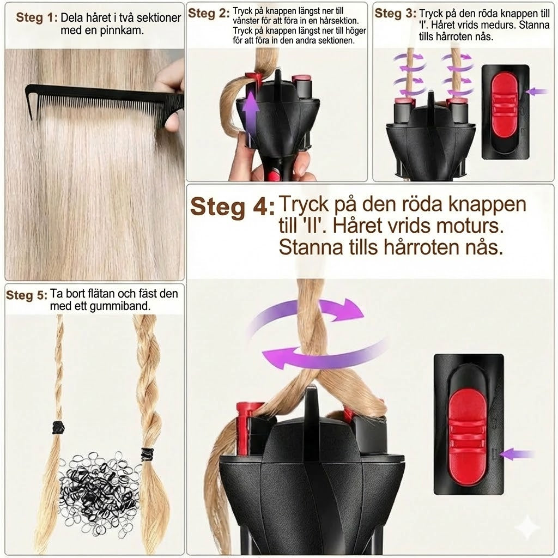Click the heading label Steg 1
pyautogui.click(x=37, y=17)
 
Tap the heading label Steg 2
pyautogui.click(x=209, y=14)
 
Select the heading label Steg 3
pyautogui.click(x=395, y=13)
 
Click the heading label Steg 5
pyautogui.click(x=27, y=295)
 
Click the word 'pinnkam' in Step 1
pyautogui.click(x=125, y=30)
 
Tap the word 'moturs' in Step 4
pyautogui.click(x=459, y=225)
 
